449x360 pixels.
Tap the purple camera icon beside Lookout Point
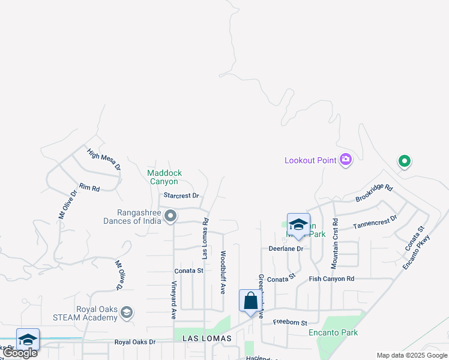coord(345,160)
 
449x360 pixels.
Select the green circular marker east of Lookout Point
coord(404,161)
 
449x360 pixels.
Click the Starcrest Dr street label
coord(181,196)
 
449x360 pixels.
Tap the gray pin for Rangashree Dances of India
coord(170,216)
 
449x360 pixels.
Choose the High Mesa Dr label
coord(104,158)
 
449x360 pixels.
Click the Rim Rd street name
coord(89,188)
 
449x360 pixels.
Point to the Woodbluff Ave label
coord(223,272)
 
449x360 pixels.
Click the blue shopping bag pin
coord(250,301)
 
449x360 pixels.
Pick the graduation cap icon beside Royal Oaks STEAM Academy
coord(126,312)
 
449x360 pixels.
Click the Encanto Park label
coord(333,332)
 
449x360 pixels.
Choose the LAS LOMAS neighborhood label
coord(202,339)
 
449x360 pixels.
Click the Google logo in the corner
coord(20,353)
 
